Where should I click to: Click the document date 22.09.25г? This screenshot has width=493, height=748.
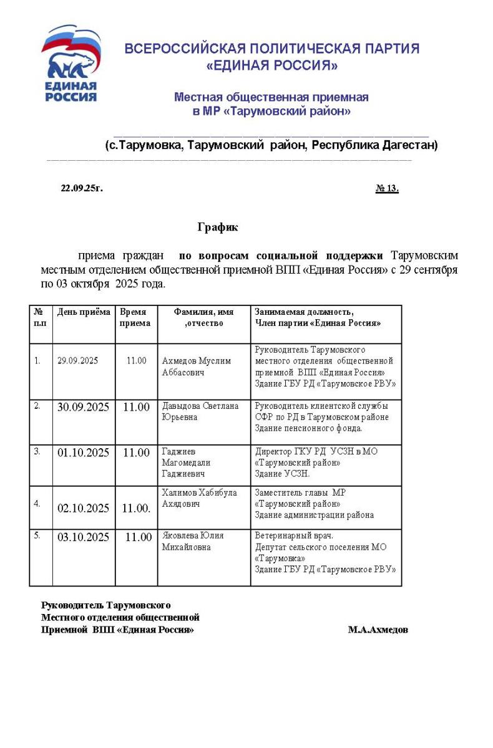pyautogui.click(x=82, y=188)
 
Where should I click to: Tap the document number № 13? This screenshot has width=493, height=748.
pyautogui.click(x=387, y=188)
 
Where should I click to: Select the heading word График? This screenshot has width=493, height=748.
pyautogui.click(x=218, y=228)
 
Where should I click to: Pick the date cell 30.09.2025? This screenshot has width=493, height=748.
pyautogui.click(x=83, y=407)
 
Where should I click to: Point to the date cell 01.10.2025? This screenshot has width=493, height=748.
pyautogui.click(x=83, y=453)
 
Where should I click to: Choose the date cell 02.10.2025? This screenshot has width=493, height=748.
pyautogui.click(x=83, y=508)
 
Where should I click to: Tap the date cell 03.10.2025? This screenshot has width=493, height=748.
pyautogui.click(x=83, y=537)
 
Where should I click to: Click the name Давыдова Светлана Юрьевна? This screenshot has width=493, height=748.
pyautogui.click(x=200, y=411)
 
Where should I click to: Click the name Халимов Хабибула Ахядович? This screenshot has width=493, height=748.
pyautogui.click(x=199, y=497)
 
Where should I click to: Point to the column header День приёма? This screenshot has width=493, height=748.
pyautogui.click(x=84, y=312)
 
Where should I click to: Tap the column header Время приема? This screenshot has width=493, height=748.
pyautogui.click(x=135, y=317)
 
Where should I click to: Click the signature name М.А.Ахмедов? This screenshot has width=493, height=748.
pyautogui.click(x=378, y=630)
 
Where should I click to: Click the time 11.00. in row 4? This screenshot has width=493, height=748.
pyautogui.click(x=136, y=508)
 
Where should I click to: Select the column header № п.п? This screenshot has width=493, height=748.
pyautogui.click(x=40, y=317)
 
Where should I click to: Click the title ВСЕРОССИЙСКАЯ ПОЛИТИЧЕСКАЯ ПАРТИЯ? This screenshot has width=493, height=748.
pyautogui.click(x=271, y=49)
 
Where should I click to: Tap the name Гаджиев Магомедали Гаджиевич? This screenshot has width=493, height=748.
pyautogui.click(x=186, y=463)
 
